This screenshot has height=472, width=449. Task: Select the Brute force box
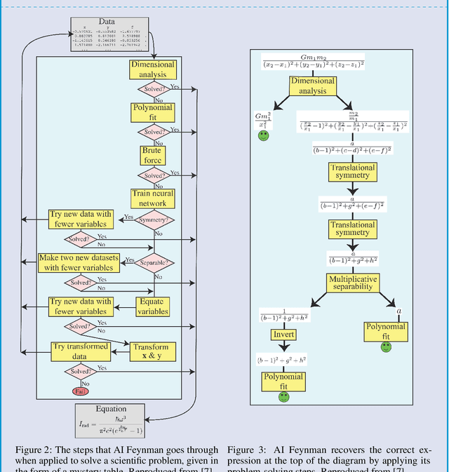pos(152,156)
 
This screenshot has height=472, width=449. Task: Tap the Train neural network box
pos(152,198)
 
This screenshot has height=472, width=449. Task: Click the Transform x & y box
pos(151,351)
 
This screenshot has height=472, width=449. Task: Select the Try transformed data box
pos(81,351)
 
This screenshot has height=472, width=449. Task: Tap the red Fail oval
pos(79,391)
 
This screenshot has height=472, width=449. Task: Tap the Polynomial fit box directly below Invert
pos(283,382)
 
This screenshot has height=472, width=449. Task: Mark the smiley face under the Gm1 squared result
pos(263,135)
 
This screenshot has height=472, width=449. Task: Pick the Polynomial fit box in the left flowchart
pos(152,112)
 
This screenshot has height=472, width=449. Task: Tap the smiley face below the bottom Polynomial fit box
pos(283,397)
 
